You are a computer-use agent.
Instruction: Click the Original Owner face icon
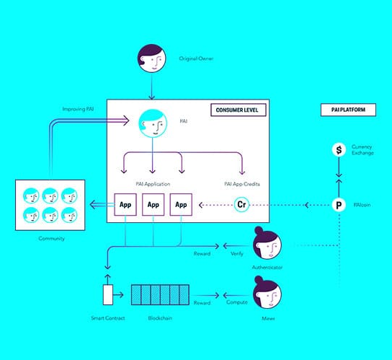click(x=151, y=58)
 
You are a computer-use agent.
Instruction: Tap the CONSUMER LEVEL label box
click(x=239, y=110)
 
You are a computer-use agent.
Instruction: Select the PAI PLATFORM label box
click(x=348, y=110)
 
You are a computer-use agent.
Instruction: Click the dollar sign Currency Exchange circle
click(x=339, y=150)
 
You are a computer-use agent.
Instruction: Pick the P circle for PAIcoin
click(x=339, y=205)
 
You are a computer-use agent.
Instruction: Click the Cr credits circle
click(x=241, y=205)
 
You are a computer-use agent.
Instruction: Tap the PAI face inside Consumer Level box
click(x=153, y=123)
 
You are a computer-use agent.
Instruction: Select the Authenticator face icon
click(x=267, y=243)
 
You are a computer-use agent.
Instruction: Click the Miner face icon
click(x=267, y=292)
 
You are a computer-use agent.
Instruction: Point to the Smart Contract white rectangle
click(x=108, y=294)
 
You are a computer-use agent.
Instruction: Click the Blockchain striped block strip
click(x=160, y=294)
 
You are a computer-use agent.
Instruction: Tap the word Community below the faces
click(x=51, y=239)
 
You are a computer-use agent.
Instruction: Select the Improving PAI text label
click(x=78, y=109)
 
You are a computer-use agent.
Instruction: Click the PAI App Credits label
click(x=242, y=184)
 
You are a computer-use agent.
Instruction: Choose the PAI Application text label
click(x=153, y=184)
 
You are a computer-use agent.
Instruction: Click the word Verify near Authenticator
click(x=237, y=254)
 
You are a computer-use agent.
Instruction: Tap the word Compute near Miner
click(x=237, y=302)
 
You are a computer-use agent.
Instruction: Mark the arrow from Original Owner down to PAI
click(x=151, y=87)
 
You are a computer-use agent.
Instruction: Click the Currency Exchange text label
click(x=362, y=150)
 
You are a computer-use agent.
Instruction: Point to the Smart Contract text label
click(x=108, y=318)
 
